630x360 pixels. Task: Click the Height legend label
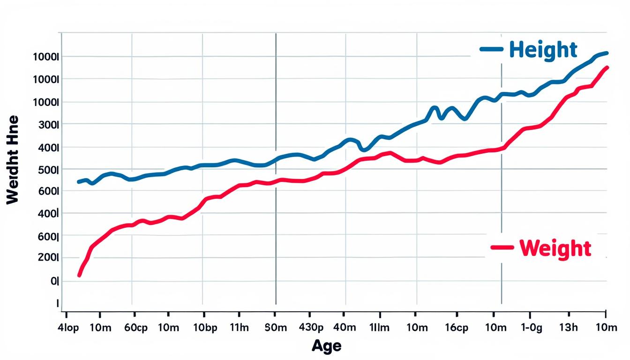click(543, 50)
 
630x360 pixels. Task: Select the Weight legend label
click(555, 248)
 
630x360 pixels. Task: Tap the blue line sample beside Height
click(491, 49)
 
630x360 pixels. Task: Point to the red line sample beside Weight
click(502, 247)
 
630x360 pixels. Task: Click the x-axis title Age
click(327, 346)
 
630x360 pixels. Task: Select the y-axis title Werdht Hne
click(13, 159)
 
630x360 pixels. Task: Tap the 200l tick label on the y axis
click(47, 258)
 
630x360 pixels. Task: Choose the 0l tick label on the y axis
click(54, 281)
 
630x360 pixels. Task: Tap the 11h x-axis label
click(240, 328)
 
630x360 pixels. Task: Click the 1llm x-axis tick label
click(380, 328)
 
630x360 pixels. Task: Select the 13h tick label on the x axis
click(569, 328)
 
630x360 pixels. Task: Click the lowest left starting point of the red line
click(79, 275)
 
